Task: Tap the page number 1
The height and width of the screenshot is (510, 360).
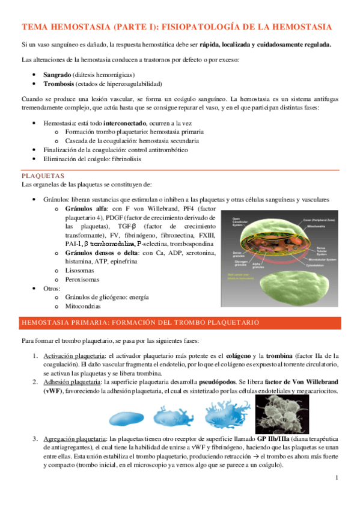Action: click(338, 478)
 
